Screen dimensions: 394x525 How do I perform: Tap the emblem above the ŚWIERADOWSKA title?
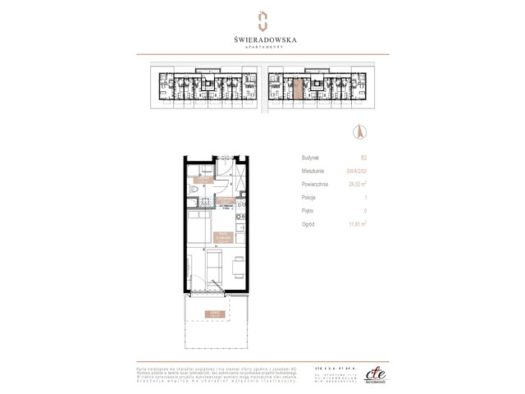pyautogui.click(x=262, y=20)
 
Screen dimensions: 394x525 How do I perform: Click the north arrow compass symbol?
pyautogui.click(x=358, y=131)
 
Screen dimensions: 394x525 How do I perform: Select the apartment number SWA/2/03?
pyautogui.click(x=357, y=171)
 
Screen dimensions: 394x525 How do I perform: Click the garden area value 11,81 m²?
pyautogui.click(x=357, y=223)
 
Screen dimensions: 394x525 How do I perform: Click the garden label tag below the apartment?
pyautogui.click(x=216, y=314)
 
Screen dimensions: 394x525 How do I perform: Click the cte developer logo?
pyautogui.click(x=373, y=371)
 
